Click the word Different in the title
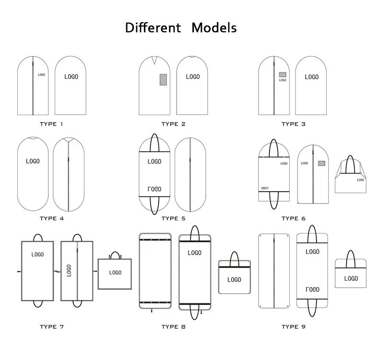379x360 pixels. click(x=153, y=27)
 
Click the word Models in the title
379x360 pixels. click(x=214, y=27)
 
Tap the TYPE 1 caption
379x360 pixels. click(x=51, y=124)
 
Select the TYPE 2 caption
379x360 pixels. click(x=173, y=124)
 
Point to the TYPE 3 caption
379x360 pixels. click(x=293, y=124)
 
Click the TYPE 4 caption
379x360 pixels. click(x=51, y=218)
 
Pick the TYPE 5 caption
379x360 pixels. click(x=173, y=218)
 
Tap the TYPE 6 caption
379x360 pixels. click(x=293, y=218)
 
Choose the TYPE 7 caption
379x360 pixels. click(x=51, y=327)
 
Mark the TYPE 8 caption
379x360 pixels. click(x=173, y=327)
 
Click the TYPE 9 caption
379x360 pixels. click(x=293, y=327)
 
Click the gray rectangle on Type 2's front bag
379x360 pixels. click(x=163, y=79)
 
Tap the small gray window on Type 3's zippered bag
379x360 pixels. click(x=283, y=74)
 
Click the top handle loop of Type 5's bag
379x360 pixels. click(x=154, y=143)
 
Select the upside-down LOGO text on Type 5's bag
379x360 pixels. click(x=154, y=189)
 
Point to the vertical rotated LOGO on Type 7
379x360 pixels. click(x=69, y=270)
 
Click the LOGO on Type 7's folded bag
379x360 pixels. click(x=115, y=273)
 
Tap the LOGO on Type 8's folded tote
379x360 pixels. click(x=234, y=280)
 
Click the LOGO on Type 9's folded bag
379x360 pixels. click(x=351, y=278)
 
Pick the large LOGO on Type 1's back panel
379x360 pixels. click(x=71, y=77)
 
